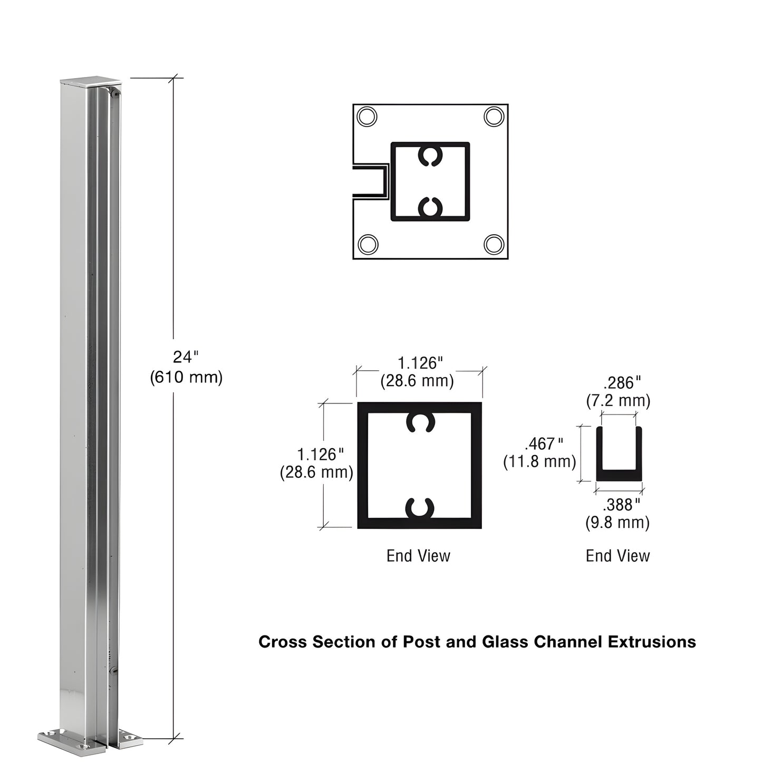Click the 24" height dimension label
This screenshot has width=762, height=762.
click(x=185, y=358)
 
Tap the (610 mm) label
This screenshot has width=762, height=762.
click(x=186, y=378)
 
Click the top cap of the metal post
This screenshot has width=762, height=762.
click(x=91, y=82)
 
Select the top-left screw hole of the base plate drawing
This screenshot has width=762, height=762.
click(x=367, y=116)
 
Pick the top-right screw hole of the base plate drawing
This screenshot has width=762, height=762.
click(x=494, y=116)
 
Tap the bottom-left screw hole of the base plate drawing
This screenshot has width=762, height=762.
click(x=368, y=245)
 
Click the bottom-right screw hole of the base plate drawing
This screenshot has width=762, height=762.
click(x=494, y=244)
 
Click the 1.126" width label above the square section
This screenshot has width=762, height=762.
click(x=420, y=363)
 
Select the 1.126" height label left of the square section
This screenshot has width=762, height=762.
click(x=321, y=454)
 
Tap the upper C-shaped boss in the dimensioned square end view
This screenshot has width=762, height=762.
click(x=420, y=423)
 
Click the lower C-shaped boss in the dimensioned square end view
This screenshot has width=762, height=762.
click(x=420, y=508)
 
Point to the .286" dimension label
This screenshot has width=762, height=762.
click(x=621, y=383)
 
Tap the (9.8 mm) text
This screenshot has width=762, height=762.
click(x=618, y=523)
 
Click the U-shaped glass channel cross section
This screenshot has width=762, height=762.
click(x=619, y=475)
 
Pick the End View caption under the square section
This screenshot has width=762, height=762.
click(x=418, y=555)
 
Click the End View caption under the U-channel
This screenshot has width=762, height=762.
click(x=618, y=555)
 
